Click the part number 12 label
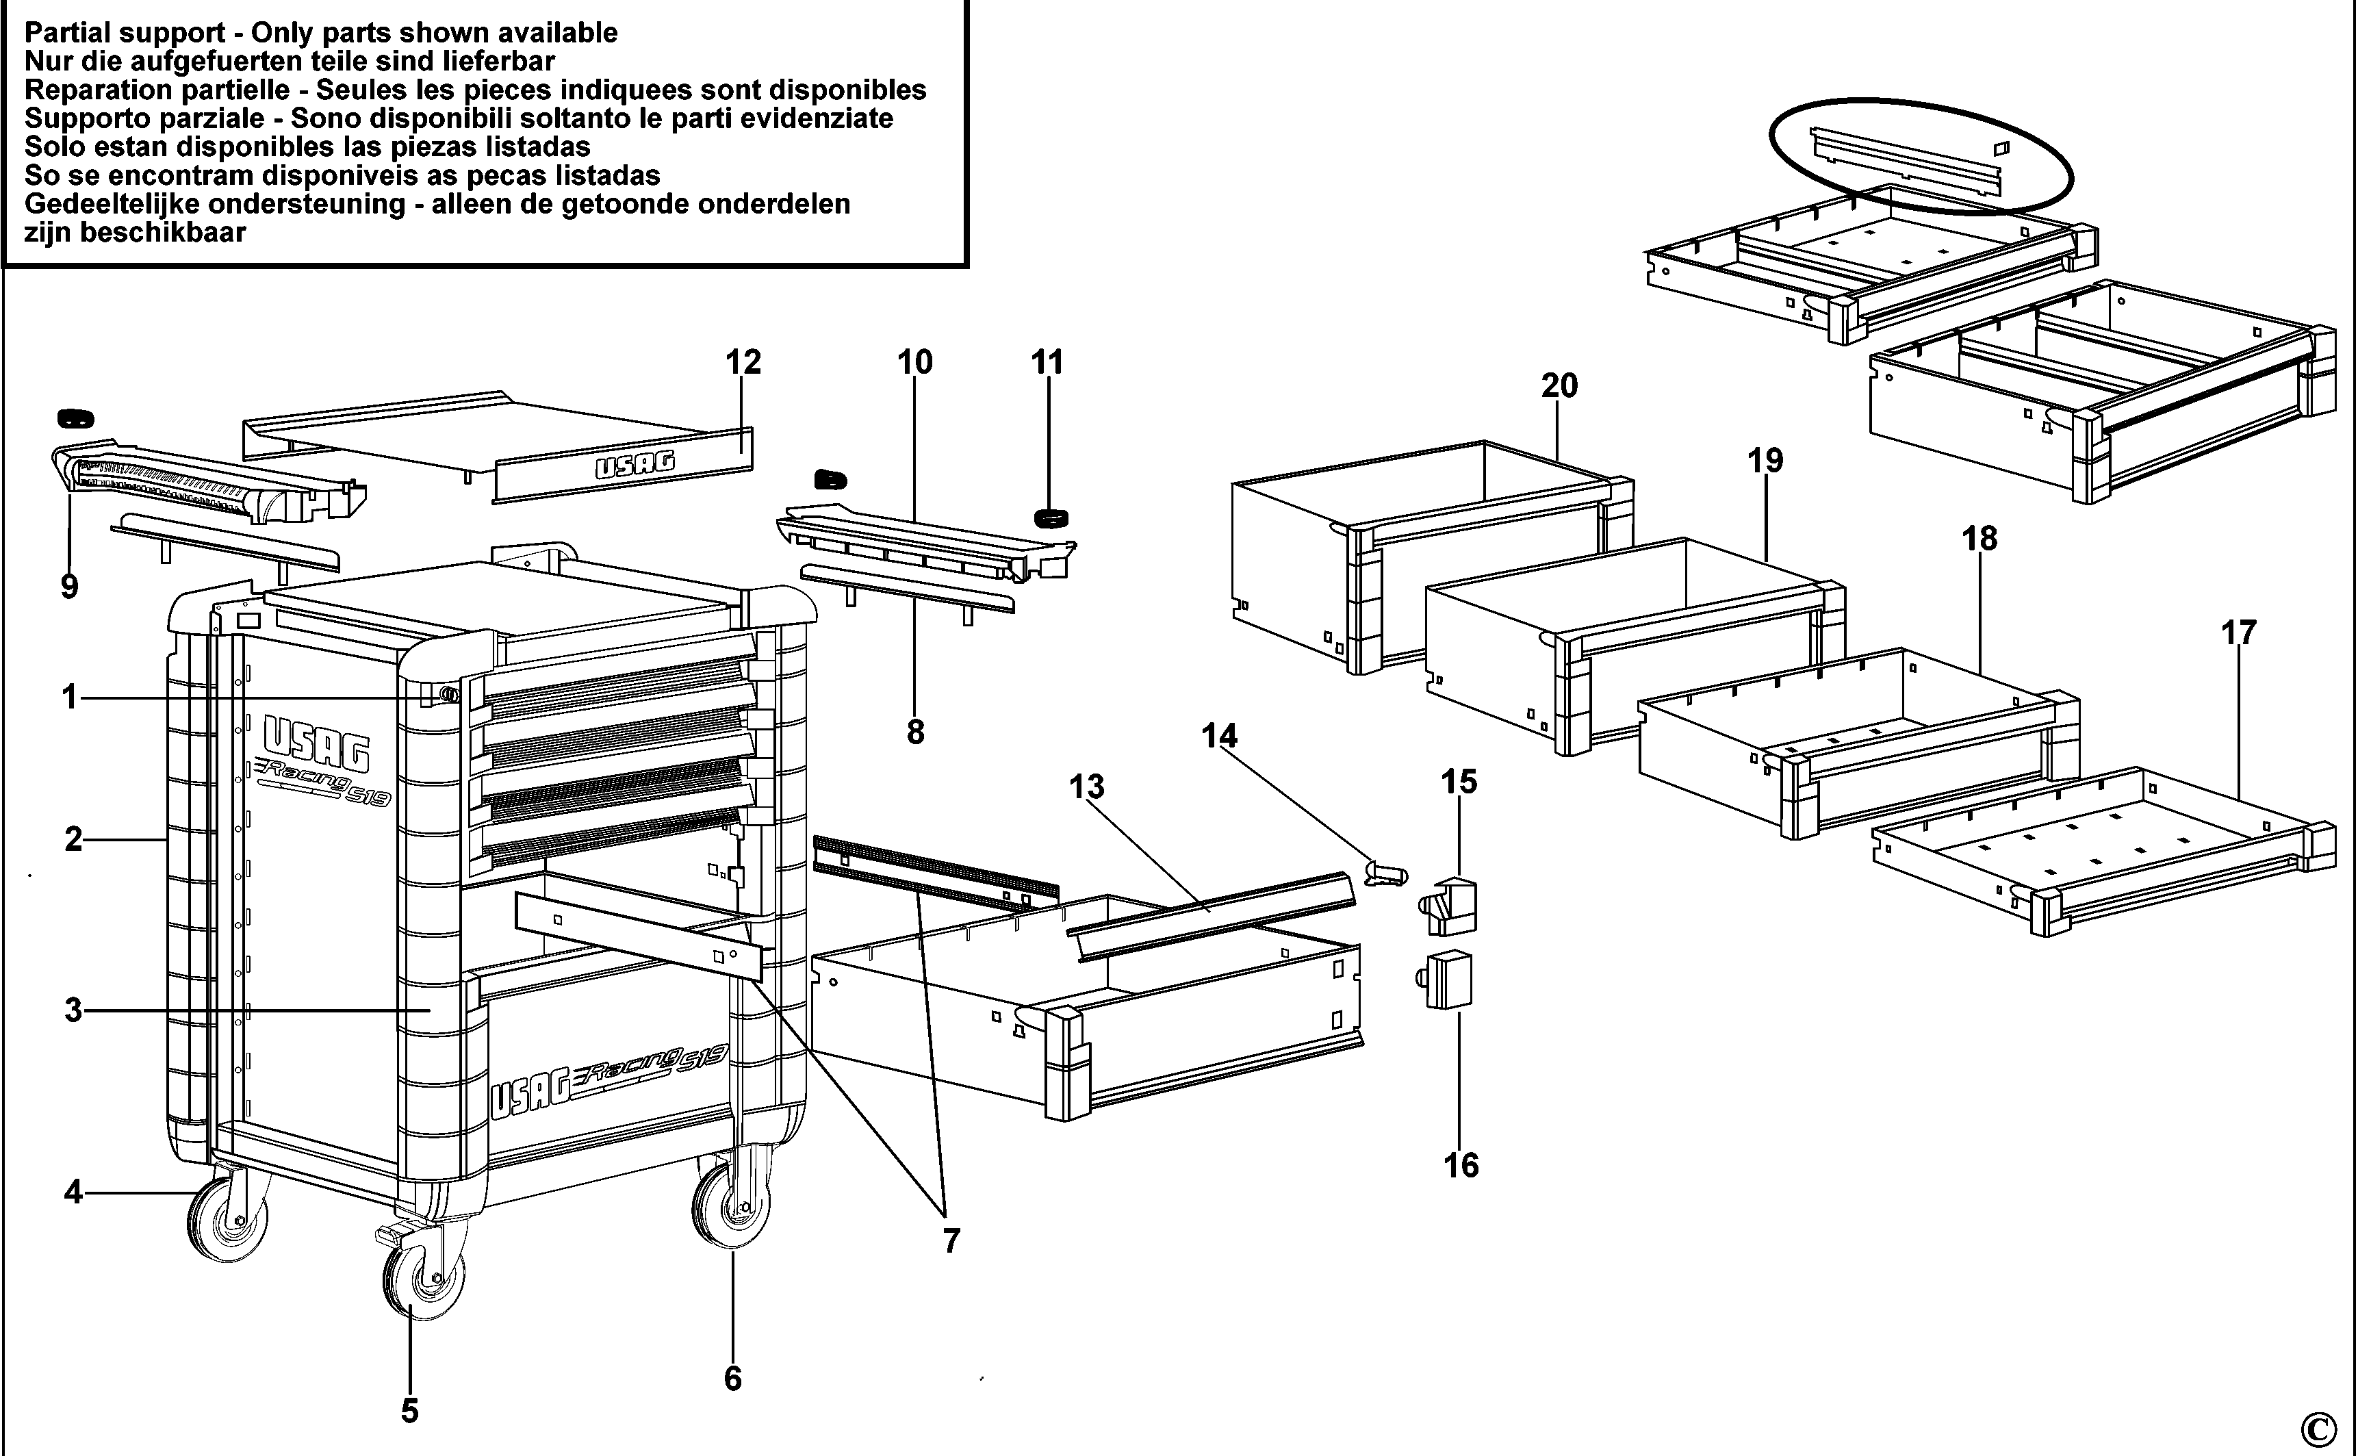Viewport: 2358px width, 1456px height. click(x=743, y=362)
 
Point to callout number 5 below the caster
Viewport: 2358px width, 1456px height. click(x=410, y=1412)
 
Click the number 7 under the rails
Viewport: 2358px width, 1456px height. click(x=951, y=1241)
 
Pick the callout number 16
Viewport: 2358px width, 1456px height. click(x=1461, y=1166)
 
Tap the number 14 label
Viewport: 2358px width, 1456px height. click(x=1219, y=737)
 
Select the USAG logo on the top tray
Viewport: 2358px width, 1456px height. click(x=635, y=466)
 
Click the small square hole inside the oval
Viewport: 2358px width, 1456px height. click(x=1994, y=149)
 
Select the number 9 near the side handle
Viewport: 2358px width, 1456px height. click(x=69, y=587)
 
